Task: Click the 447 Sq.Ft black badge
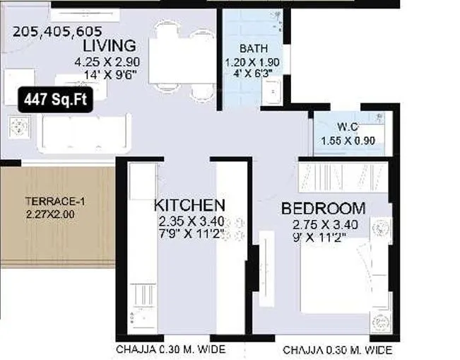(x=55, y=100)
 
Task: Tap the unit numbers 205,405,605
(x=57, y=31)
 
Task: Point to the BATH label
(x=253, y=49)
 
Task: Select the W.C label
(x=348, y=127)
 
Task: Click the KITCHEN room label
(x=190, y=206)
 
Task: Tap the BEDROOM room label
(x=323, y=209)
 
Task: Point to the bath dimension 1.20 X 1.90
(x=253, y=62)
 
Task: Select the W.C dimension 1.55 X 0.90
(x=348, y=140)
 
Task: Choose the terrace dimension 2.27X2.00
(x=50, y=213)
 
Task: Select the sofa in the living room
(x=84, y=131)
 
